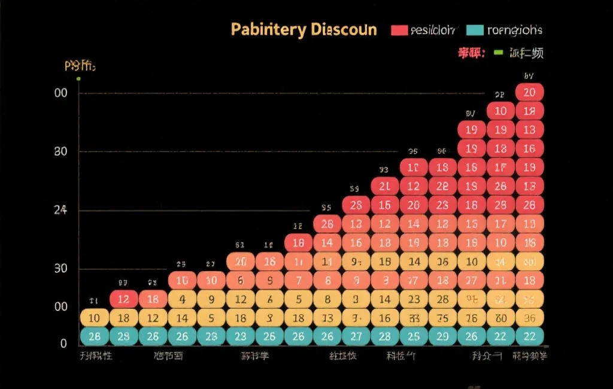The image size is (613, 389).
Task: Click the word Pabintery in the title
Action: [268, 29]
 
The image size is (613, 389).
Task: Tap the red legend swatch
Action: [399, 30]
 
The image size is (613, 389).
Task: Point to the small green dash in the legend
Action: [497, 53]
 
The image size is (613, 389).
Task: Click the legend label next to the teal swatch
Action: [515, 30]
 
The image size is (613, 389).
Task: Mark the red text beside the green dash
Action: [471, 53]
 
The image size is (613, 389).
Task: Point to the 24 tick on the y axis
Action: [60, 210]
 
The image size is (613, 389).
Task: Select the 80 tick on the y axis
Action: [60, 151]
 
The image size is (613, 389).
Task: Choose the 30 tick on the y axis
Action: [60, 268]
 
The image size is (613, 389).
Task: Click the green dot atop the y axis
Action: [78, 78]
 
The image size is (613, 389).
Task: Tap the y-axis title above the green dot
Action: [79, 65]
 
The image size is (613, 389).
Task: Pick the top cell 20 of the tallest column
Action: [529, 92]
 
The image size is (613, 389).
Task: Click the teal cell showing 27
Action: [356, 336]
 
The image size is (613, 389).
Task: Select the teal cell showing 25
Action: [413, 336]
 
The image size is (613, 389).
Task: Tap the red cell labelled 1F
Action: [500, 168]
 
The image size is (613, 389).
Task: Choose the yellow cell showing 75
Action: [442, 318]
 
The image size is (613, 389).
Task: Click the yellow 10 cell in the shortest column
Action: [95, 318]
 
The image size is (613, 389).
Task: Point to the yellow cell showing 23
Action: [413, 299]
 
